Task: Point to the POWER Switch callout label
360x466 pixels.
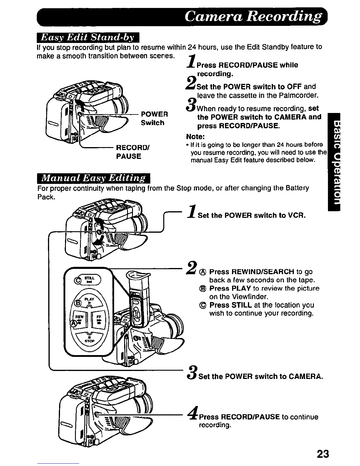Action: (x=154, y=118)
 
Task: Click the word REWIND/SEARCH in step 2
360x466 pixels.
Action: (x=264, y=272)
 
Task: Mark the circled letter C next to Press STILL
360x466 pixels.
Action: (x=202, y=305)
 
